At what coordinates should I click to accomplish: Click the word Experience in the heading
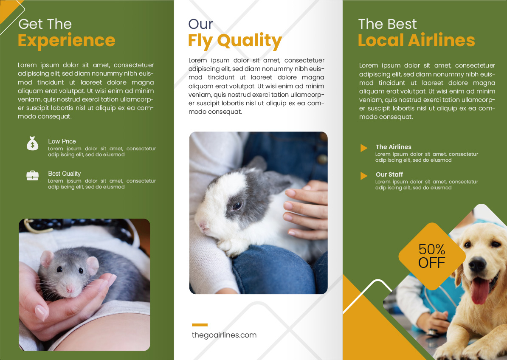pyautogui.click(x=66, y=41)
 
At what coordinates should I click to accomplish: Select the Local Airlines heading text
pyautogui.click(x=417, y=40)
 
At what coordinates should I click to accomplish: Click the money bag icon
pyautogui.click(x=32, y=143)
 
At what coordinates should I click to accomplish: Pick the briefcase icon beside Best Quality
pyautogui.click(x=32, y=175)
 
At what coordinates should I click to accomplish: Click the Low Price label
pyautogui.click(x=62, y=141)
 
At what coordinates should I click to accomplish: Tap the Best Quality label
pyautogui.click(x=65, y=174)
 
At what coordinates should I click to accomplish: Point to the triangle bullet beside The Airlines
pyautogui.click(x=364, y=148)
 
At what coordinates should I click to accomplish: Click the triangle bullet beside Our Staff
pyautogui.click(x=364, y=175)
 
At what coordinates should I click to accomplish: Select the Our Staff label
pyautogui.click(x=389, y=174)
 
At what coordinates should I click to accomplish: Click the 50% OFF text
pyautogui.click(x=432, y=256)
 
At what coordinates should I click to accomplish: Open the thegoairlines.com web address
pyautogui.click(x=224, y=335)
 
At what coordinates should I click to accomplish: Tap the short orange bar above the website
pyautogui.click(x=200, y=325)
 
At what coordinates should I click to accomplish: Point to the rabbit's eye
pyautogui.click(x=237, y=205)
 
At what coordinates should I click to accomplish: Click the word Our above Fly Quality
pyautogui.click(x=201, y=24)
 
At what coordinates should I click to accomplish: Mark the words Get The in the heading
pyautogui.click(x=45, y=24)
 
